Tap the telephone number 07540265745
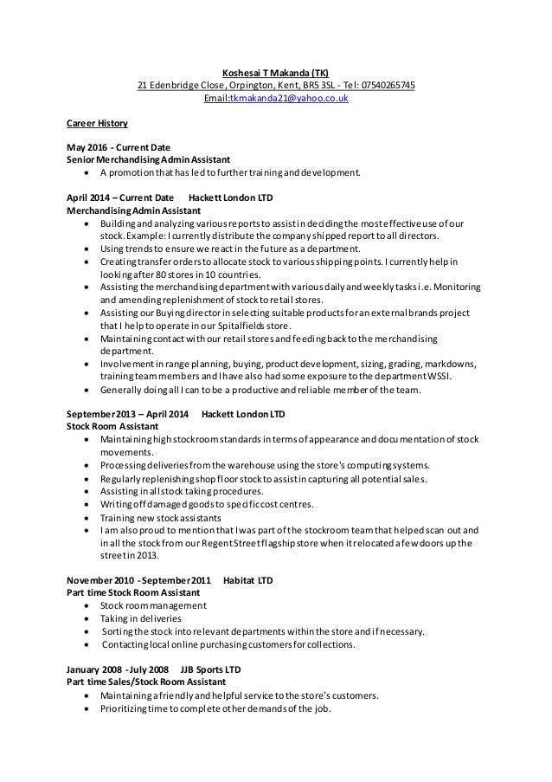pyautogui.click(x=385, y=85)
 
